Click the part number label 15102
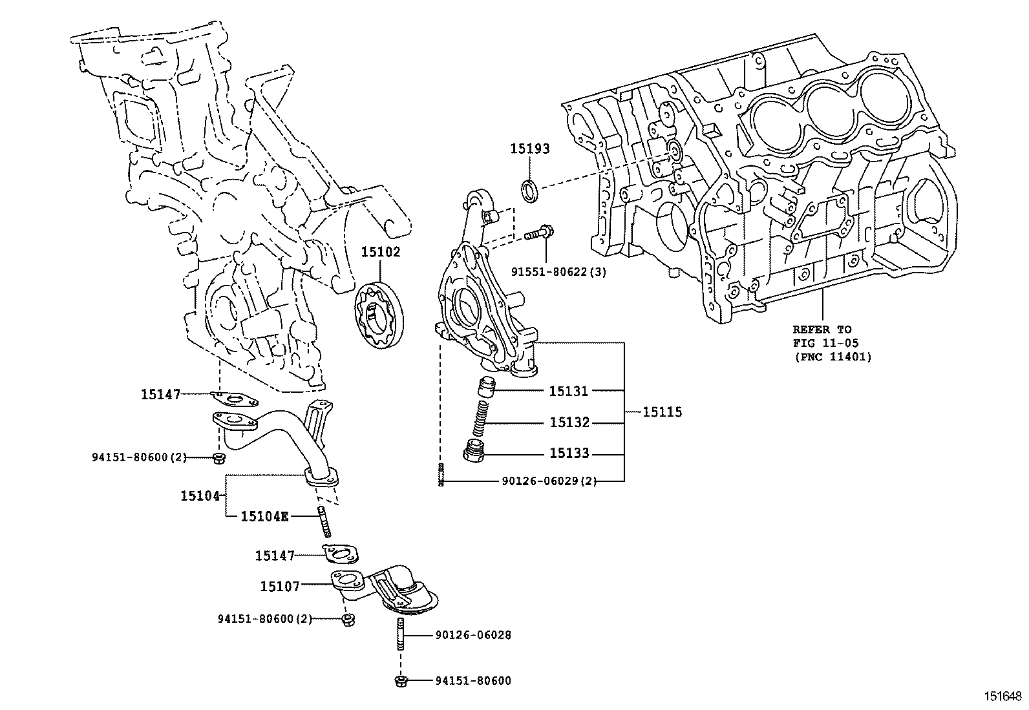coord(380,252)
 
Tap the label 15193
coord(529,149)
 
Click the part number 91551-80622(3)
coord(558,272)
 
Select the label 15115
coord(662,412)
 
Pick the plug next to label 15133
coord(476,452)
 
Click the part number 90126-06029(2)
coord(549,481)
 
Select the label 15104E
coord(264,516)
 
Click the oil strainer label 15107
coord(280,586)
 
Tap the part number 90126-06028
coord(472,635)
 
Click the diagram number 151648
coord(1003,696)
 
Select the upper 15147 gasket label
coord(161,394)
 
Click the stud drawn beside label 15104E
coord(324,522)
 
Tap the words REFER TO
coord(822,329)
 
